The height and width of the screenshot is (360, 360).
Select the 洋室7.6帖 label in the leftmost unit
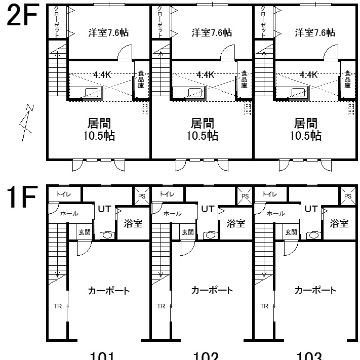coord(108,32)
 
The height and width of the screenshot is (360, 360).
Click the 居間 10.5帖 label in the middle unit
coord(202,129)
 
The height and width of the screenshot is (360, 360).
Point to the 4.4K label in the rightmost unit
coord(308,74)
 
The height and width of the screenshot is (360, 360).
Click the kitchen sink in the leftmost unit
coord(92,92)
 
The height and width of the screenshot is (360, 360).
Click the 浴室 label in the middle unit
coord(236,223)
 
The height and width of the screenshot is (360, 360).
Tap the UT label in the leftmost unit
coord(104,209)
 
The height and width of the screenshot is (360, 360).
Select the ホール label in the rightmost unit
coord(275,214)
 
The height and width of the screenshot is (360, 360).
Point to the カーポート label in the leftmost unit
coord(108,291)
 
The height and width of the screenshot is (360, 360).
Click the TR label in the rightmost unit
coord(264,306)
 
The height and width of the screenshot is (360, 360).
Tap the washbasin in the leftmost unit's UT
coord(107,235)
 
